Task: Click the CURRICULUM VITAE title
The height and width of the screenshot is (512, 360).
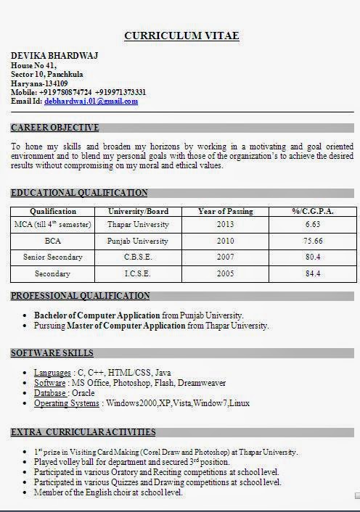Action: [x=181, y=36]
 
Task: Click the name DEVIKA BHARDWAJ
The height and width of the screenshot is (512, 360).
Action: [x=54, y=56]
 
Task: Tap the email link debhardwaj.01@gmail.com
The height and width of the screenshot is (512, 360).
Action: [x=91, y=102]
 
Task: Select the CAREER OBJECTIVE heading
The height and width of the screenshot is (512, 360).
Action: [x=55, y=128]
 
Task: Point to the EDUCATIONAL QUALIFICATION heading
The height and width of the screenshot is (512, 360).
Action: [x=80, y=193]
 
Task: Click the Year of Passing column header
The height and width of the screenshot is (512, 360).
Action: [x=226, y=212]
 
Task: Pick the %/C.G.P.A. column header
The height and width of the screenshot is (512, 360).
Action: [x=313, y=212]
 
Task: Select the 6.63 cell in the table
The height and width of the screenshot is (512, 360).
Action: [x=313, y=225]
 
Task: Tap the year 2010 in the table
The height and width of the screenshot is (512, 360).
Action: [x=226, y=241]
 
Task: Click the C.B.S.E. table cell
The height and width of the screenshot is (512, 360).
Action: [x=137, y=257]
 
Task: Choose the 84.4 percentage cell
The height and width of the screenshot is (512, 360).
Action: [x=313, y=274]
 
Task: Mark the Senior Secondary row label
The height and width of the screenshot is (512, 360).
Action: [x=52, y=257]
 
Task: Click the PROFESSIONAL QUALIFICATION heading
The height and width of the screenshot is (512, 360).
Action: [x=81, y=296]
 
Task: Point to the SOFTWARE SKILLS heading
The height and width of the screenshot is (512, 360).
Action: [x=52, y=353]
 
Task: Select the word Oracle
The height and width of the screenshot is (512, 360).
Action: [x=83, y=393]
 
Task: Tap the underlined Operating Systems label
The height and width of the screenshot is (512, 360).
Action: [x=67, y=403]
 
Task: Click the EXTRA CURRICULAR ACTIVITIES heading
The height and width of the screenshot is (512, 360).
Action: [x=83, y=432]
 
